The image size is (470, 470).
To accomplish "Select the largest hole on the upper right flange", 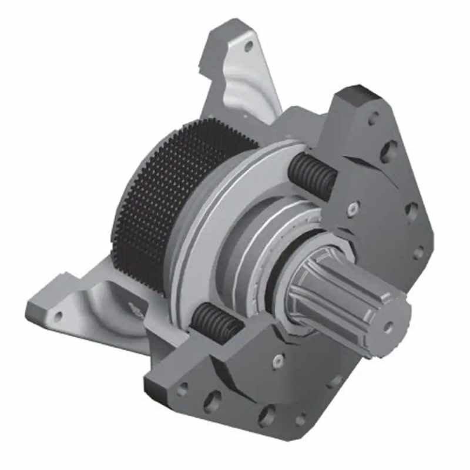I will click(388, 151).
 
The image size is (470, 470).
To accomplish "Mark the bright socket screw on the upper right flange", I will click(352, 209).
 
